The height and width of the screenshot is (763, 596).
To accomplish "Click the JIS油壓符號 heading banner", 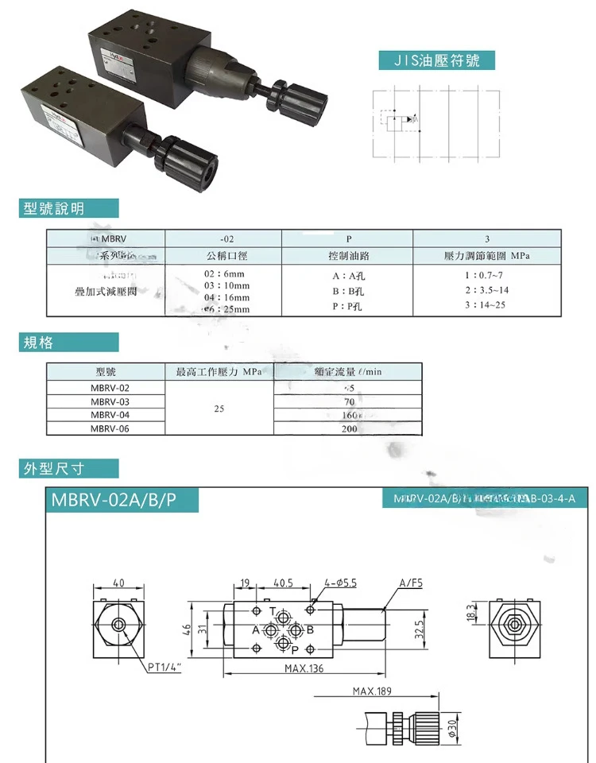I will click(x=436, y=60).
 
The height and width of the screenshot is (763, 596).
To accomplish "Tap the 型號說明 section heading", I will click(x=68, y=209).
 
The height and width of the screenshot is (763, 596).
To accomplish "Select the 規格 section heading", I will click(x=68, y=343).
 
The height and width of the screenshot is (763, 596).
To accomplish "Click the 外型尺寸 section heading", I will click(x=68, y=468).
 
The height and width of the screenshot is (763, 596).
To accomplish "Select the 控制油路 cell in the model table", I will click(x=347, y=256).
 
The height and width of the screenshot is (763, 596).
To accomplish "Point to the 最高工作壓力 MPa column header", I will click(x=219, y=371).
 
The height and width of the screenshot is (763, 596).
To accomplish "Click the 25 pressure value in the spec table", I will click(x=219, y=409).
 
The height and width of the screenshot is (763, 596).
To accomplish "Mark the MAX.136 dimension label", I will click(x=304, y=668).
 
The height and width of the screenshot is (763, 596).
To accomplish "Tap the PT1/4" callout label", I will click(x=164, y=667).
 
